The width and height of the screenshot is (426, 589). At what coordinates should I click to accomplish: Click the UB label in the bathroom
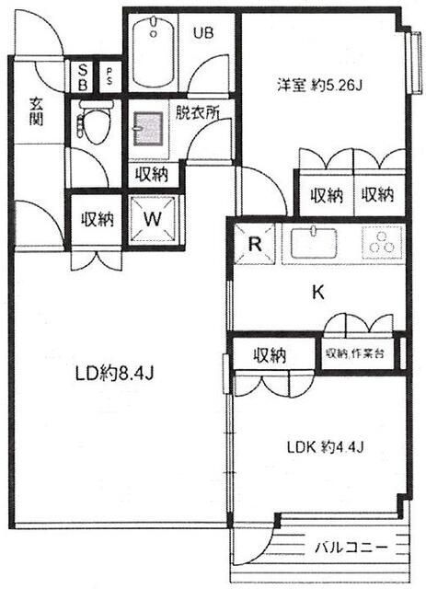pyautogui.click(x=203, y=33)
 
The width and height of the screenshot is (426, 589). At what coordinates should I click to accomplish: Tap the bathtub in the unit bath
pyautogui.click(x=153, y=52)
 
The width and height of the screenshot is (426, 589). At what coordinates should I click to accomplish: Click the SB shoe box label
pyautogui.click(x=83, y=77)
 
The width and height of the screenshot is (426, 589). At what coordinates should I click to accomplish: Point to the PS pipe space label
pyautogui.click(x=109, y=76)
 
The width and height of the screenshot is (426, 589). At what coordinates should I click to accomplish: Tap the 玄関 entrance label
pyautogui.click(x=37, y=110)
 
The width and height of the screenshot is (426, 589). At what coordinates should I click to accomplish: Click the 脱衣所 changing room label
pyautogui.click(x=197, y=111)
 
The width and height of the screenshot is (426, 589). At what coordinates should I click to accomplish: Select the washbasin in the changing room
pyautogui.click(x=149, y=129)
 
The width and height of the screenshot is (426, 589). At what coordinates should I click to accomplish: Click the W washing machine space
pyautogui.click(x=153, y=219)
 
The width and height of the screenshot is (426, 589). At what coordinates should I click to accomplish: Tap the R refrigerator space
pyautogui.click(x=255, y=245)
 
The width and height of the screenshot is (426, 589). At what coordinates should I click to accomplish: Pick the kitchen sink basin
pyautogui.click(x=314, y=243)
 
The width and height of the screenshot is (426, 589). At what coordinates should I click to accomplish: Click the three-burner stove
pyautogui.click(x=382, y=243)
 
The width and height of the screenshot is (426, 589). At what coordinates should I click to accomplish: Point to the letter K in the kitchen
pyautogui.click(x=318, y=292)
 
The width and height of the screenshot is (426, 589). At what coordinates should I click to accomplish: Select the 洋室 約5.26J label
pyautogui.click(x=319, y=86)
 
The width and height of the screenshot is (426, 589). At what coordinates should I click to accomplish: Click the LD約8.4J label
pyautogui.click(x=115, y=374)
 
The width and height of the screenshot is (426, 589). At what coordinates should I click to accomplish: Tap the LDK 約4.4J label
pyautogui.click(x=326, y=447)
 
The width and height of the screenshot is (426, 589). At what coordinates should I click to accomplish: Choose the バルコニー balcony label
pyautogui.click(x=351, y=547)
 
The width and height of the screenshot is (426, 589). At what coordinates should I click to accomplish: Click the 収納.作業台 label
pyautogui.click(x=355, y=353)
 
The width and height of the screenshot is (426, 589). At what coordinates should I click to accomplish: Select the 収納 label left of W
pyautogui.click(x=98, y=219)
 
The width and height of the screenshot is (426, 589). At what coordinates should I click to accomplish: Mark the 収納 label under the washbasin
pyautogui.click(x=152, y=174)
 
